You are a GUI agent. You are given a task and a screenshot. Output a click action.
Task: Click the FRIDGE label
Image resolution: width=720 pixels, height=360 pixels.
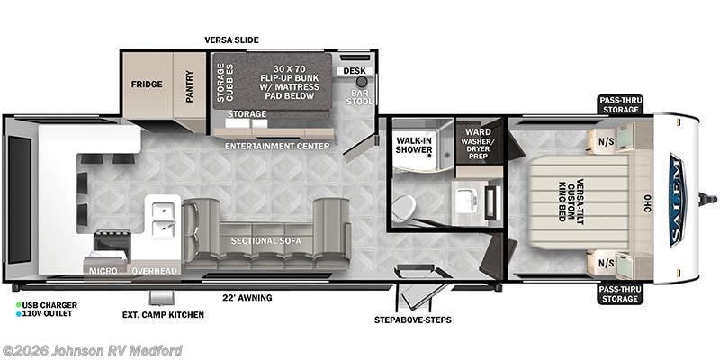[148, 85]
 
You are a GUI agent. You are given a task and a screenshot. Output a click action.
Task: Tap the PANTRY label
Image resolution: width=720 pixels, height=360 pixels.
[190, 85]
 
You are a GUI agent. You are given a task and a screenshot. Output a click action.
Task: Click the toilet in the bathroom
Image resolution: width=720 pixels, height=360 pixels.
[404, 209]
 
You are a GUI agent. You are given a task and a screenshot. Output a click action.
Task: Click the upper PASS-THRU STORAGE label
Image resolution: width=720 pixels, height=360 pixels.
[621, 104]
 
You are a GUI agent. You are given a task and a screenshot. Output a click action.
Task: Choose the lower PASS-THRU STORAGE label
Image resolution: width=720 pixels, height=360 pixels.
[621, 293]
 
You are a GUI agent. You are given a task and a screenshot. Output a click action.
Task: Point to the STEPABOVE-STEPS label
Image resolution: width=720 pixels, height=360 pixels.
[413, 319]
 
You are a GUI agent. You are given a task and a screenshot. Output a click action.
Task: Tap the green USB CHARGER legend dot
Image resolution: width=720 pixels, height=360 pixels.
[18, 306]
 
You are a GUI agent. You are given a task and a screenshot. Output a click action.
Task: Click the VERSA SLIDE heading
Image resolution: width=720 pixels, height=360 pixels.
[231, 40]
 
